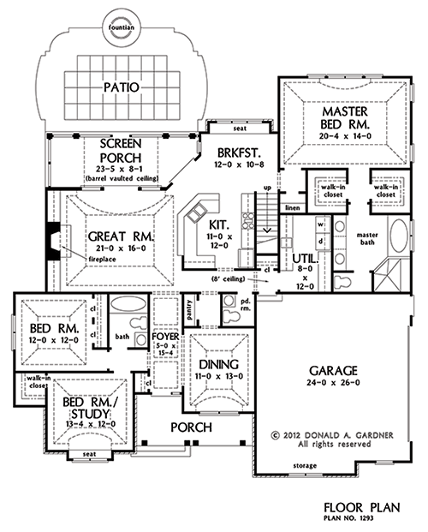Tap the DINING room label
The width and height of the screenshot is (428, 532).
217,364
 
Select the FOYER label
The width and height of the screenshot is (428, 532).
164,337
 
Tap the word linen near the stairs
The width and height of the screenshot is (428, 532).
293,206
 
